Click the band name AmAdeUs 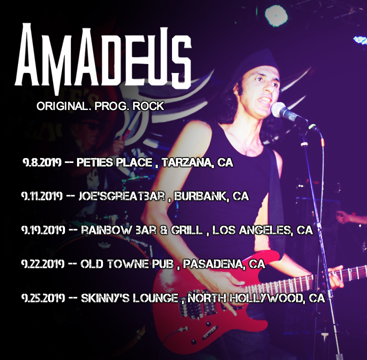103,58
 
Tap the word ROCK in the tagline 148,106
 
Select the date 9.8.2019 42,162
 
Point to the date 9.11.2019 42,196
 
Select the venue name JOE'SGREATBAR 121,196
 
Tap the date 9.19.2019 43,230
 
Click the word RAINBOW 106,230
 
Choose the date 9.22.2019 43,264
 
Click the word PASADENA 214,264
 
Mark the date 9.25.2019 43,298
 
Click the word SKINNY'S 105,298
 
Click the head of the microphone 278,109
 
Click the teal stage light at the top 276,15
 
